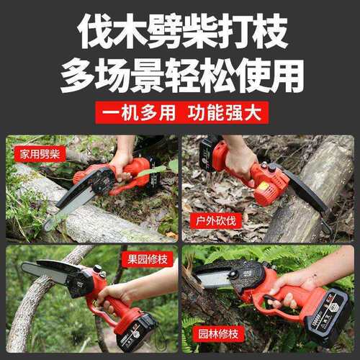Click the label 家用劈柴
[x=40, y=153]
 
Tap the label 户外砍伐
[x=215, y=220]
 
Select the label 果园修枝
[x=148, y=259]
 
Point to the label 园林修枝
[x=218, y=333]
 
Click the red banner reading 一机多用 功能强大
[x=181, y=112]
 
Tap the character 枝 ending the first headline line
[x=269, y=31]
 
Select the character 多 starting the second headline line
[x=78, y=76]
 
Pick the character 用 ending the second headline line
[x=286, y=76]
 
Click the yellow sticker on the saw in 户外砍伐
[x=264, y=186]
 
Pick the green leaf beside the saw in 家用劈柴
[x=153, y=171]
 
